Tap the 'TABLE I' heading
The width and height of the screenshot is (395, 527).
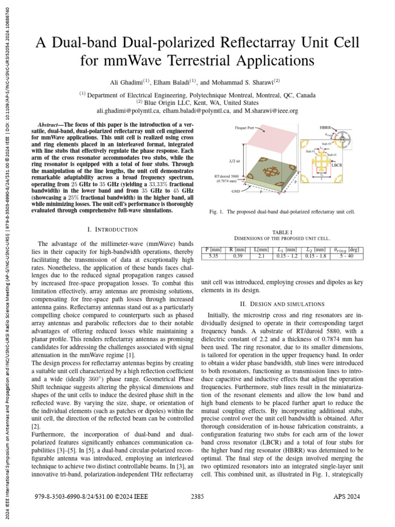[x=282, y=232]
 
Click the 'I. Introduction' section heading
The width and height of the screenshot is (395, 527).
[x=113, y=229]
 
